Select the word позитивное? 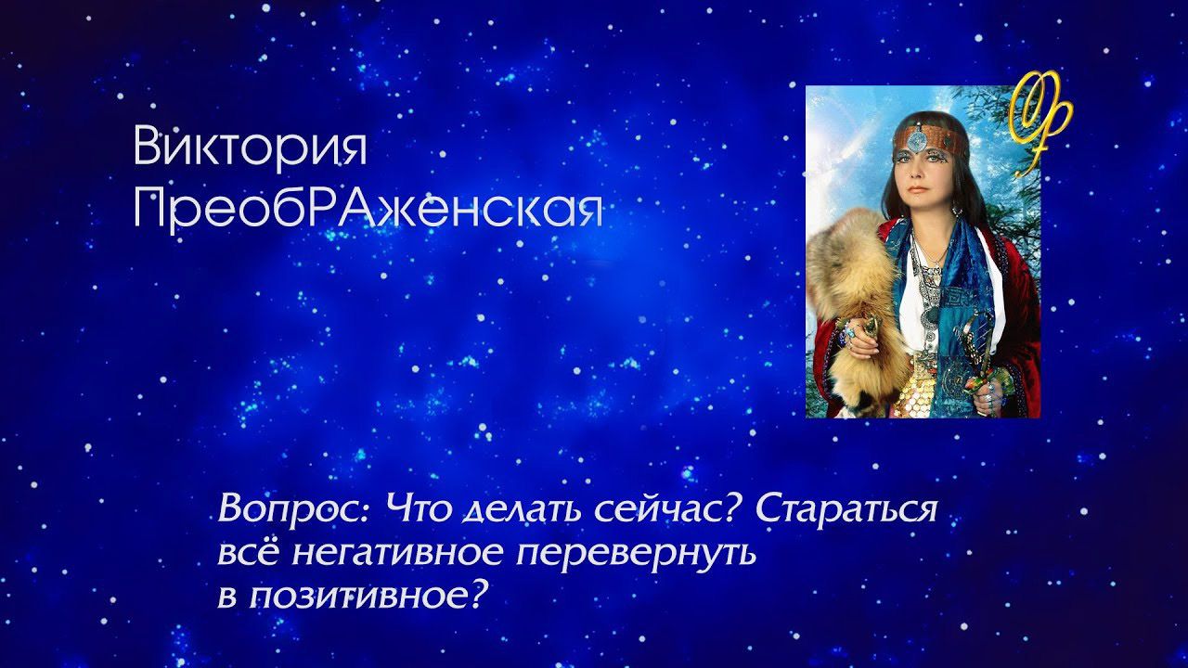click(x=367, y=597)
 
